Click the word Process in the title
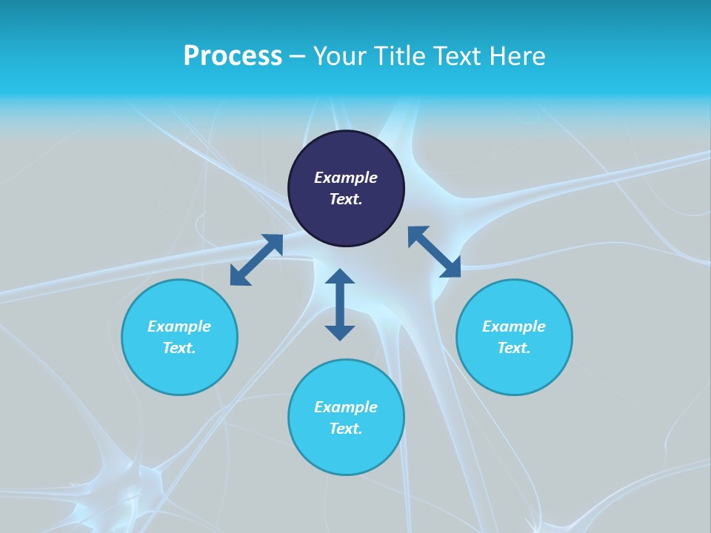pos(233,56)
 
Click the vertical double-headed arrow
pos(340,304)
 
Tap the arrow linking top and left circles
pos(256,260)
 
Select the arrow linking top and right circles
pos(434,252)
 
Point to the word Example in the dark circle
pos(346,178)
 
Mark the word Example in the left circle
pos(179,326)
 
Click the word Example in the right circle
pos(514,326)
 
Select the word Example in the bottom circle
pos(346,407)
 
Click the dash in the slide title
pos(298,57)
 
